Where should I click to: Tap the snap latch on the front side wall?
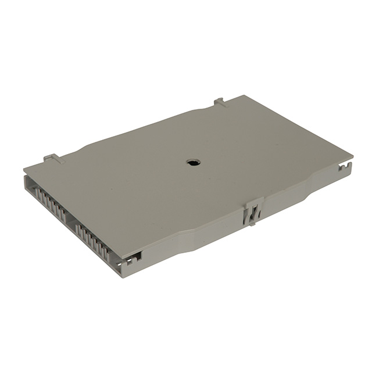click(251, 213)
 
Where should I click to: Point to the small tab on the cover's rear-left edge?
click(52, 158)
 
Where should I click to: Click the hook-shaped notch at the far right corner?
click(347, 169)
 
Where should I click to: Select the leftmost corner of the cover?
click(24, 170)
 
